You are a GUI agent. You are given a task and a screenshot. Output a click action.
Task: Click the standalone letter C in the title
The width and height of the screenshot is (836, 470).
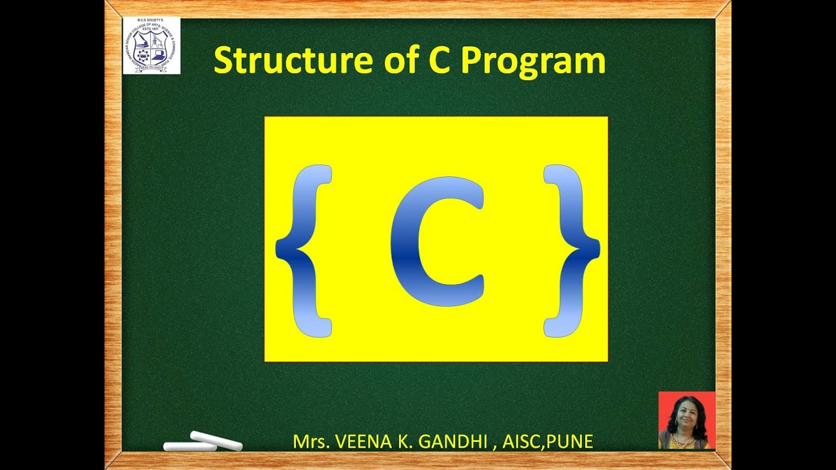click(440, 60)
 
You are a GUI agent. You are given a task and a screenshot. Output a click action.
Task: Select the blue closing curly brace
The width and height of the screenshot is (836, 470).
click(570, 251)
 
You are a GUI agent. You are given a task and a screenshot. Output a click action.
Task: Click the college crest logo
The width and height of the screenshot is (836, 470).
click(152, 46)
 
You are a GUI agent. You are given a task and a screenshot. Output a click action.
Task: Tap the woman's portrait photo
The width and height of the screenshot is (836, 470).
click(686, 420)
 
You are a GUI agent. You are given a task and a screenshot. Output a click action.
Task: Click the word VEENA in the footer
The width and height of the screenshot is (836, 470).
click(359, 441)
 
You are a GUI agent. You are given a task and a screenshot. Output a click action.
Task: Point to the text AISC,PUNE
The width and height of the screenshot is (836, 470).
click(547, 441)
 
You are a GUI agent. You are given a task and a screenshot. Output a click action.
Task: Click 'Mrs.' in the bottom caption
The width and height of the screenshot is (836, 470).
click(311, 441)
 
